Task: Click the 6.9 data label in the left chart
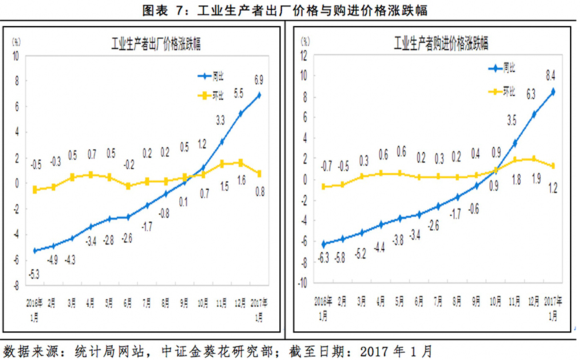tap(259, 80)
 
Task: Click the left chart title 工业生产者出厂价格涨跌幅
tap(155, 45)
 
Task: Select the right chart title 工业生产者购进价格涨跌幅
tap(441, 45)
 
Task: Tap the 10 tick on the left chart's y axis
tap(16, 55)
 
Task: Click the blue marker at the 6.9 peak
tap(259, 95)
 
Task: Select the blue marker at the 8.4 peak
tap(553, 91)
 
